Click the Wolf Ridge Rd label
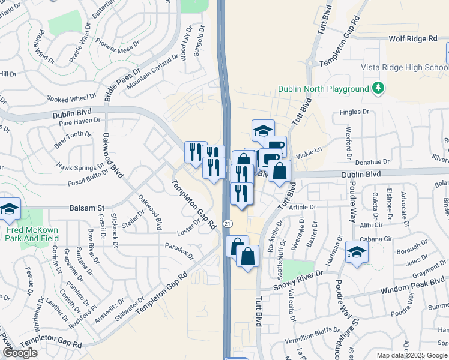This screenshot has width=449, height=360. [x=413, y=38]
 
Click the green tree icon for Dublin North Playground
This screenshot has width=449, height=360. [x=378, y=89]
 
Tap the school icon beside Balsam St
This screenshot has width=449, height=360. [x=10, y=209]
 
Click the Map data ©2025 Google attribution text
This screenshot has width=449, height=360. [x=412, y=355]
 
